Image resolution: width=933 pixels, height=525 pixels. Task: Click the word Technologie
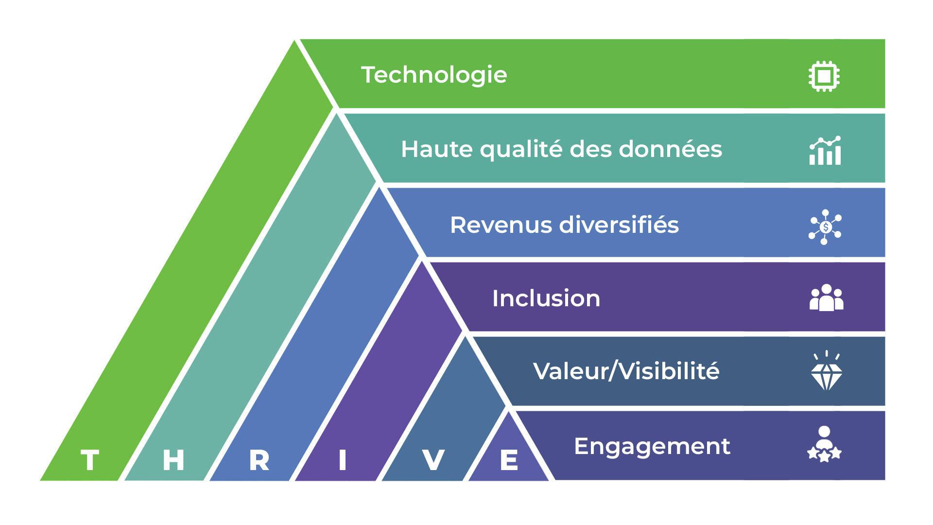pyautogui.click(x=434, y=75)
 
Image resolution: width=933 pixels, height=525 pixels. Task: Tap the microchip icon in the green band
pyautogui.click(x=824, y=76)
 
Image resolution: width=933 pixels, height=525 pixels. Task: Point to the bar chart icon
pyautogui.click(x=825, y=151)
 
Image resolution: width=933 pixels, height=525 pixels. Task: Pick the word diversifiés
pyautogui.click(x=619, y=225)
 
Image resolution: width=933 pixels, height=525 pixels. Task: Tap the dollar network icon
pyautogui.click(x=825, y=227)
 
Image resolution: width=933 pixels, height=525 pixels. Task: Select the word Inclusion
pyautogui.click(x=546, y=298)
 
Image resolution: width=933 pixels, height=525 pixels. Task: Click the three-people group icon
pyautogui.click(x=826, y=298)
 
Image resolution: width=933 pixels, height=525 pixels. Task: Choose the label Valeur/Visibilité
pyautogui.click(x=626, y=371)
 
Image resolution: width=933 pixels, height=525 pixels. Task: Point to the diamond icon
pyautogui.click(x=826, y=372)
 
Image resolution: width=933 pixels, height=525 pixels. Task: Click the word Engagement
pyautogui.click(x=652, y=447)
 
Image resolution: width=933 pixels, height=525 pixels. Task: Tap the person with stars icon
pyautogui.click(x=824, y=445)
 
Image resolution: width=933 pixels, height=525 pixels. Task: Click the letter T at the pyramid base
pyautogui.click(x=90, y=460)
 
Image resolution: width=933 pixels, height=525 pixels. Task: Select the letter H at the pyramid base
pyautogui.click(x=173, y=460)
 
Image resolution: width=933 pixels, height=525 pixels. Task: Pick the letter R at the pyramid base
pyautogui.click(x=259, y=460)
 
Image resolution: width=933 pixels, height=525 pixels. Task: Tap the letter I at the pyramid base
pyautogui.click(x=343, y=460)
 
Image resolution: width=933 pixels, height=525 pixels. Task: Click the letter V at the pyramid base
pyautogui.click(x=433, y=460)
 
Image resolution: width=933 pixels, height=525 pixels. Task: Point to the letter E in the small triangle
pyautogui.click(x=509, y=460)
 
